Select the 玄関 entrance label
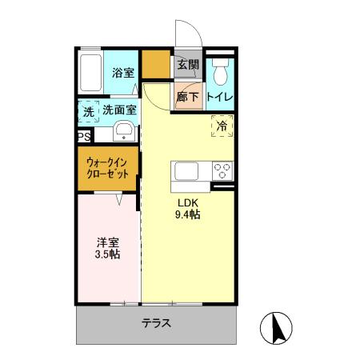tap(188, 64)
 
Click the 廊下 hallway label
tap(188, 95)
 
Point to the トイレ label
tap(220, 97)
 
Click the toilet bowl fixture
tap(222, 73)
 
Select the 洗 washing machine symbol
tap(88, 112)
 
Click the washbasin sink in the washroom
tap(125, 131)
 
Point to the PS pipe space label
tap(84, 137)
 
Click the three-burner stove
tap(222, 171)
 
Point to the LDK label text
tap(187, 202)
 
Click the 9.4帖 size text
tap(187, 214)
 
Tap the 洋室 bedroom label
tap(109, 242)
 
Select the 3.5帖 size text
tap(109, 255)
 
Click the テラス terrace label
tap(157, 324)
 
